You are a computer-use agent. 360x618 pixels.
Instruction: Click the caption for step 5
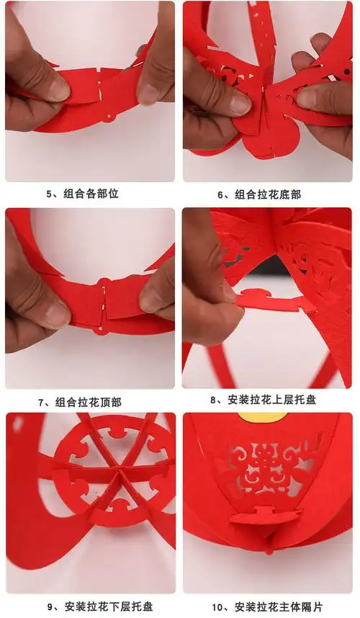coord(82,194)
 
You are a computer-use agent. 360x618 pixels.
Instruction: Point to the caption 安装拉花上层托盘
coord(271,399)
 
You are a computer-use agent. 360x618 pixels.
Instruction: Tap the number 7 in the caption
coord(42,402)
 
